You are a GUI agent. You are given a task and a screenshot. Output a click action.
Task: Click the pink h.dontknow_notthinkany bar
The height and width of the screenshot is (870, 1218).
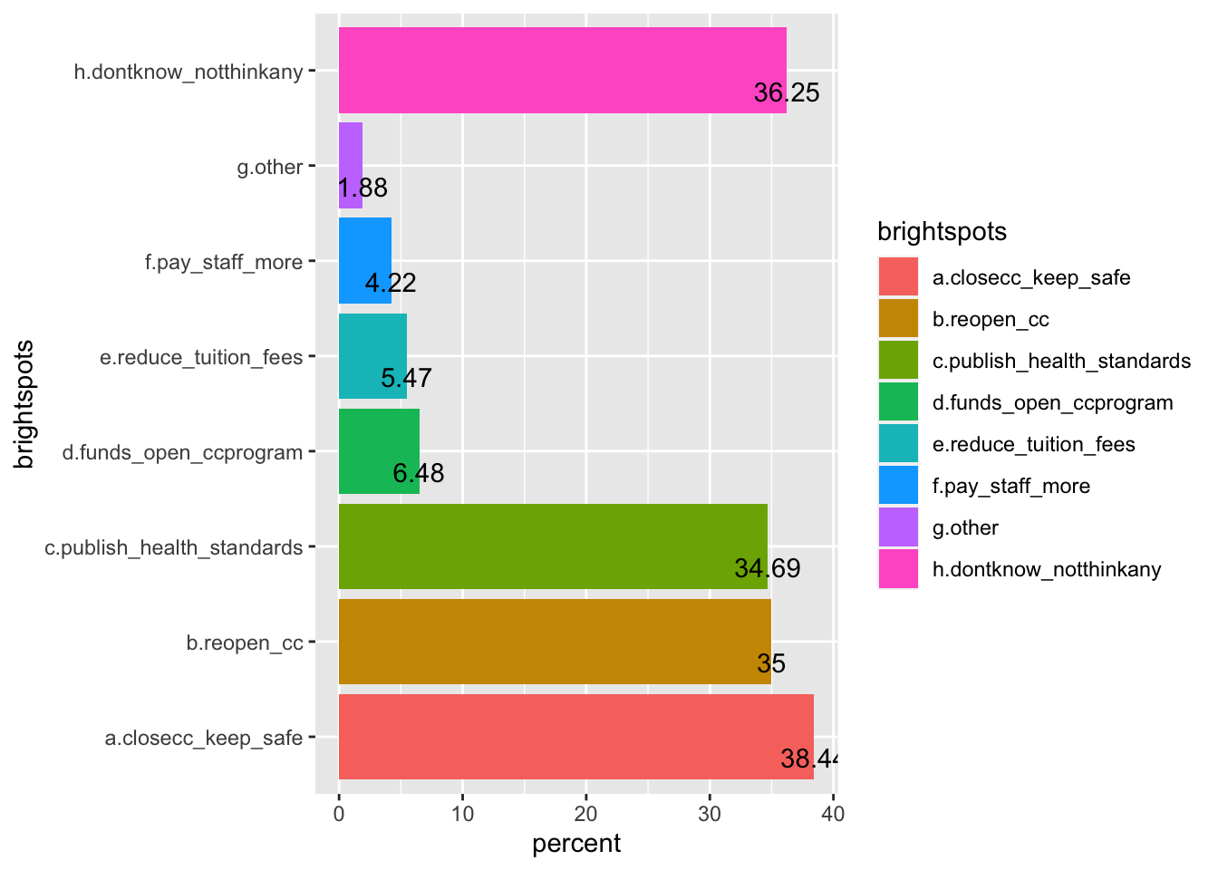[x=562, y=70]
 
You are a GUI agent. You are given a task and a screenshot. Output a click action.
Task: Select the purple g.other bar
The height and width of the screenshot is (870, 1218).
[x=351, y=165]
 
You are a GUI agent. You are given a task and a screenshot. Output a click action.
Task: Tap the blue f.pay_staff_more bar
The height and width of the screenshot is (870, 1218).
[x=365, y=260]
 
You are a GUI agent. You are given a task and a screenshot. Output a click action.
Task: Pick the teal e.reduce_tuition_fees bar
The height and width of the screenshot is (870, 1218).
[x=372, y=355]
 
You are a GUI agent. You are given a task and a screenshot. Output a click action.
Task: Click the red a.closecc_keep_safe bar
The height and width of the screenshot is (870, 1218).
[x=575, y=736]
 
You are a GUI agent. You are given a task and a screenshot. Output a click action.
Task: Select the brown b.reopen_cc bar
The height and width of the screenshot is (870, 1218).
[x=555, y=641]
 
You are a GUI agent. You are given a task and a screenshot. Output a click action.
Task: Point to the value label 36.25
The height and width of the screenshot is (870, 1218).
[x=787, y=92]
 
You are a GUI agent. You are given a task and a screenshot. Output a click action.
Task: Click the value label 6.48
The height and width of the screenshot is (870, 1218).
[x=419, y=473]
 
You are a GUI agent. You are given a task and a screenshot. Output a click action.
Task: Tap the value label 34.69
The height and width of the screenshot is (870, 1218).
[x=768, y=568]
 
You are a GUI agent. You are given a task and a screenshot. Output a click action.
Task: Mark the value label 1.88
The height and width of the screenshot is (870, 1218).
[x=362, y=188]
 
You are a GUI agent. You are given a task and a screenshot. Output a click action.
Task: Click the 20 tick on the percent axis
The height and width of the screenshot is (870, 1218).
[x=586, y=814]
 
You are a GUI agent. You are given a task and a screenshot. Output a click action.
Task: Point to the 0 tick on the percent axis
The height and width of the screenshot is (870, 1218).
[x=339, y=814]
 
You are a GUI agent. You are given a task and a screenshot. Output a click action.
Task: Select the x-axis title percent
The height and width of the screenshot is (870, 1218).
[x=576, y=844]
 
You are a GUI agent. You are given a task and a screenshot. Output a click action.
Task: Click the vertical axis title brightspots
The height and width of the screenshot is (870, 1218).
[x=24, y=403]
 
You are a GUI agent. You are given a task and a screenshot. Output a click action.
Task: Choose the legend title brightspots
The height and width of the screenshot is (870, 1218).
[x=942, y=232]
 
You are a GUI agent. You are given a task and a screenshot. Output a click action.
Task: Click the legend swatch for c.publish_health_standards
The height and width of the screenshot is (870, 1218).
[x=898, y=361]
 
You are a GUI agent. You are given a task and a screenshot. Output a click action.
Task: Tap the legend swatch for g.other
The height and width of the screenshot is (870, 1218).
[x=898, y=527]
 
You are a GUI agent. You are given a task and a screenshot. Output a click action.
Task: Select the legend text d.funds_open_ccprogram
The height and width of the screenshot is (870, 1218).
[x=1052, y=402]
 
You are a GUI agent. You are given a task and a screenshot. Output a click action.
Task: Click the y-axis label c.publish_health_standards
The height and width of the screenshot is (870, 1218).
[x=174, y=547]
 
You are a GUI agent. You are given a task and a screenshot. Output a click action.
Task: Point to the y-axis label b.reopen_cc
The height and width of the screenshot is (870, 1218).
[x=245, y=643]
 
